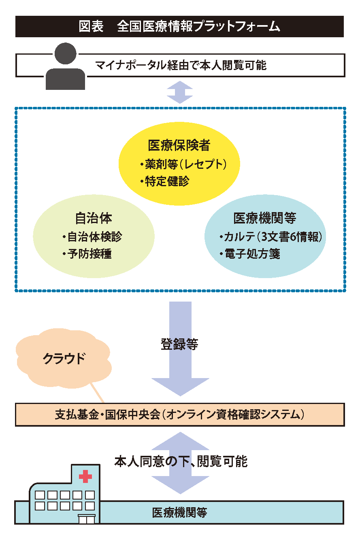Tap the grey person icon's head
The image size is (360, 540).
[x=65, y=53]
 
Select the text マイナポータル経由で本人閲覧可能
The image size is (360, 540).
[x=181, y=65]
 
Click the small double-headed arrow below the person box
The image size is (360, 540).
[x=180, y=92]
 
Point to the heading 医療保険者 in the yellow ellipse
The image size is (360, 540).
[x=179, y=145]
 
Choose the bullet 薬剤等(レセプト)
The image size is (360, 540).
[x=183, y=164]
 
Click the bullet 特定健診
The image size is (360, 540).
[x=165, y=181]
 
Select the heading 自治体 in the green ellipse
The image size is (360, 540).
[x=94, y=218]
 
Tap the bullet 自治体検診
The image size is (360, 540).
[x=92, y=237]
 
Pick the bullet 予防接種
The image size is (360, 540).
[x=87, y=254]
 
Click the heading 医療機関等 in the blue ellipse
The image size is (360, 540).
[x=264, y=218]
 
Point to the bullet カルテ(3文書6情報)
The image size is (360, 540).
[x=271, y=237]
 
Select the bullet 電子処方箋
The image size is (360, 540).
[x=250, y=254]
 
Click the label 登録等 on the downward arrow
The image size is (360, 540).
[x=179, y=344]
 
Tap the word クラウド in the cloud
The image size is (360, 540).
[x=64, y=359]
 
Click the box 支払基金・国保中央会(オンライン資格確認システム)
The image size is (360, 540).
[x=180, y=415]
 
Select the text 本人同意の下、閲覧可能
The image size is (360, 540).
[x=181, y=461]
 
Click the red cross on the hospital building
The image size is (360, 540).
[x=85, y=476]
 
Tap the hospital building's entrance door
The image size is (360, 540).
[x=87, y=519]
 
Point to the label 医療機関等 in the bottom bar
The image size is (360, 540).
[x=179, y=512]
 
